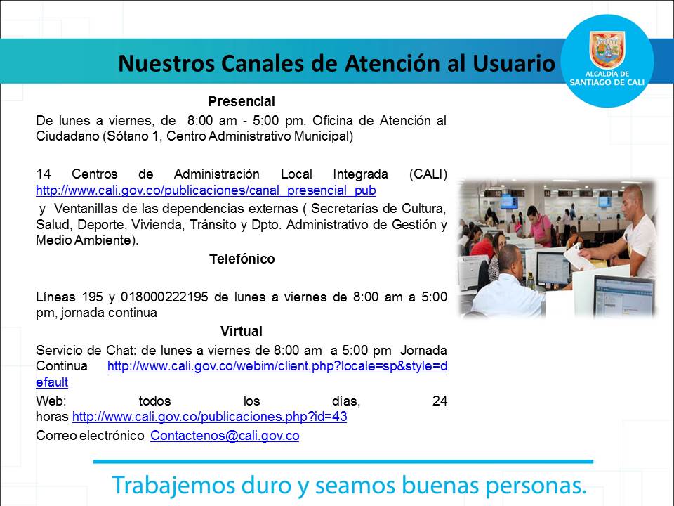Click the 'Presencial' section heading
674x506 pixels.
[x=241, y=101]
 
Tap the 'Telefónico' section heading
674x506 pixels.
[x=242, y=259]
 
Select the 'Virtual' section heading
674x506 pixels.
[x=241, y=331]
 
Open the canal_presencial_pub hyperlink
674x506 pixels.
[x=206, y=190]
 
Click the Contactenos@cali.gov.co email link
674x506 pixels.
[x=225, y=436]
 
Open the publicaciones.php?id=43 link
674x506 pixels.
[x=210, y=417]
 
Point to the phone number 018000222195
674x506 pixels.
[x=164, y=297]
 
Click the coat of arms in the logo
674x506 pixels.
[x=607, y=49]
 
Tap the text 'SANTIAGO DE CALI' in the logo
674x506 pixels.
[x=607, y=82]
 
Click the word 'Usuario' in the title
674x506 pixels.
[x=514, y=63]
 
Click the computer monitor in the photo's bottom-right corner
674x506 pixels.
[x=624, y=296]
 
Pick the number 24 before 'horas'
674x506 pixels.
[x=440, y=401]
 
